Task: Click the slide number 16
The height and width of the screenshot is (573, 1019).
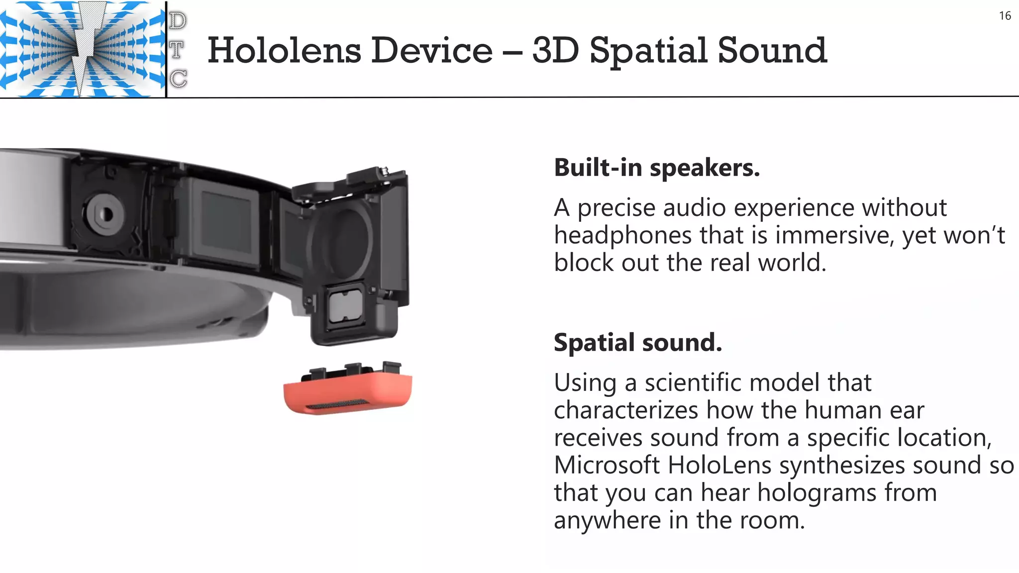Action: tap(1005, 16)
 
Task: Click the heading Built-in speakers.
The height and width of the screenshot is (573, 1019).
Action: tap(657, 168)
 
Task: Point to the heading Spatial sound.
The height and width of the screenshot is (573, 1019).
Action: tap(638, 343)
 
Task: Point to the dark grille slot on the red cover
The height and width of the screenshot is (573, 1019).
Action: tap(337, 405)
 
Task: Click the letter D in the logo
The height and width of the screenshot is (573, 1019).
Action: tap(178, 21)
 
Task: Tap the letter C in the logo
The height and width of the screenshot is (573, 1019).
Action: tap(178, 79)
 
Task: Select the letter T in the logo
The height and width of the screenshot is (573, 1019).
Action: tap(177, 50)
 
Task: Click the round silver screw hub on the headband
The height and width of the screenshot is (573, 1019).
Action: tap(105, 214)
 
